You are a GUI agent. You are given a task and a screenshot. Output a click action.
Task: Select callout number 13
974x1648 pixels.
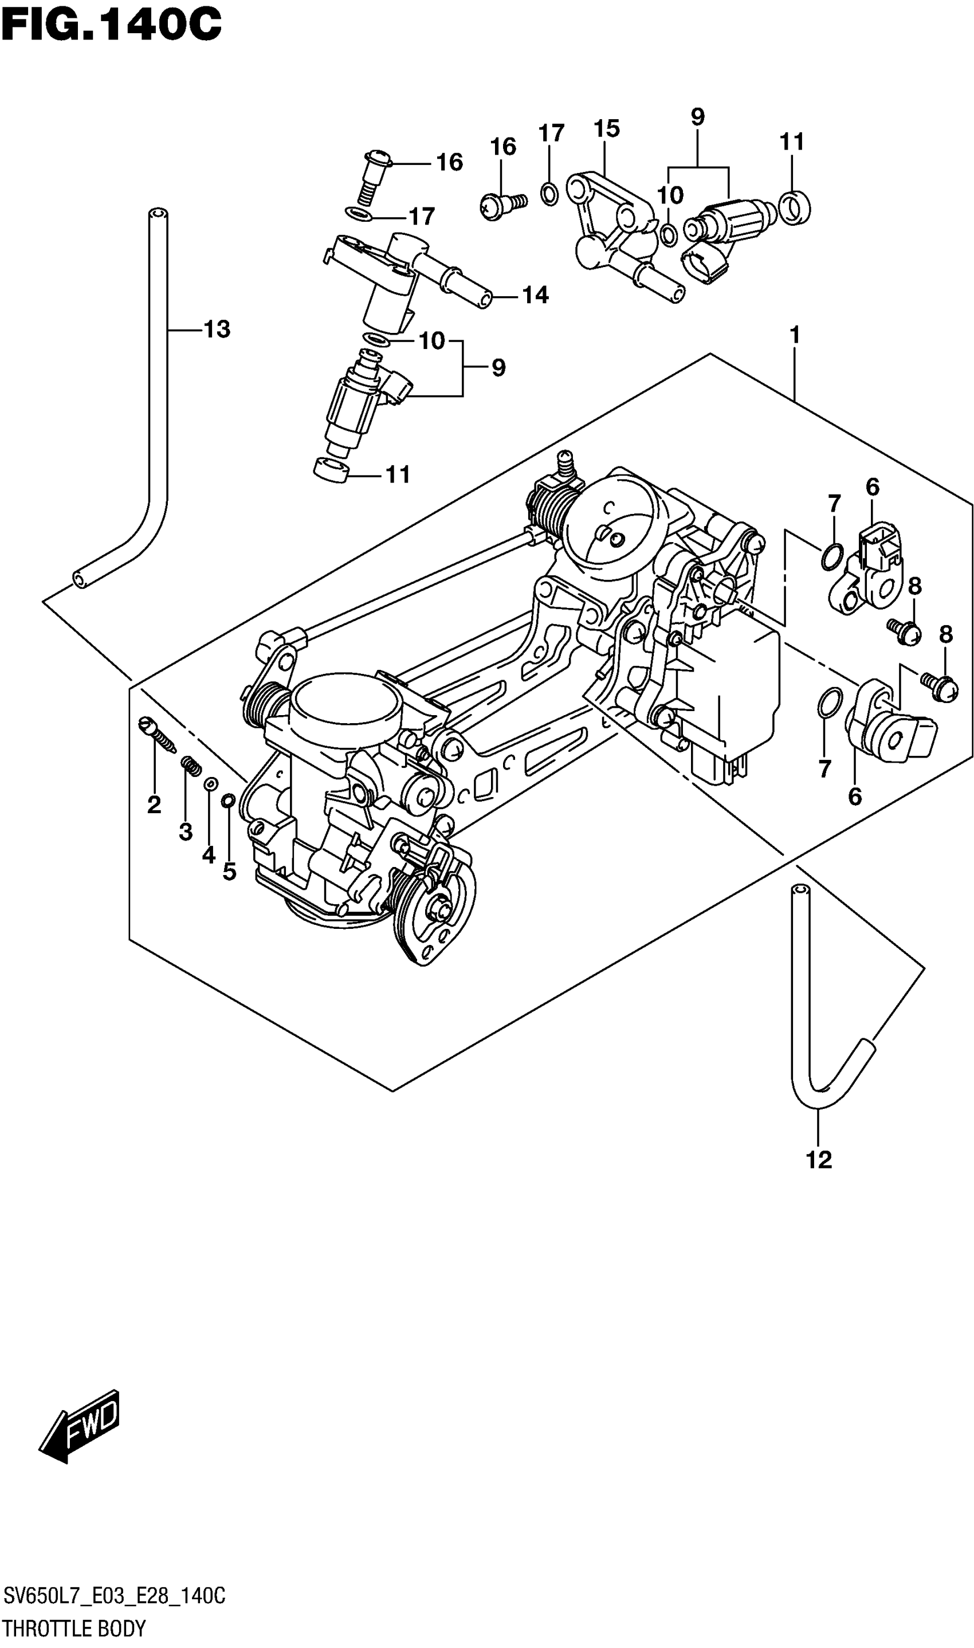pos(217,329)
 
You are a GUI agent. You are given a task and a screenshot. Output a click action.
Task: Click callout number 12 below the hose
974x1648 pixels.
pos(819,1160)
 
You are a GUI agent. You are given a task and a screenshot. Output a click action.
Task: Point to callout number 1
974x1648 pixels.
pos(795,335)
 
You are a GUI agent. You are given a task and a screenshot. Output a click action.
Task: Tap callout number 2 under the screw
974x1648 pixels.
pos(154,805)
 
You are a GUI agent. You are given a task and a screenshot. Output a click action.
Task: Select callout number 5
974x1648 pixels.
pos(229,872)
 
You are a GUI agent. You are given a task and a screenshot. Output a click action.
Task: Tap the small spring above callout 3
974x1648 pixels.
pos(191,765)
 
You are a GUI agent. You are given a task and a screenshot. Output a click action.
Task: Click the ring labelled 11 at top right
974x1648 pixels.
pos(795,207)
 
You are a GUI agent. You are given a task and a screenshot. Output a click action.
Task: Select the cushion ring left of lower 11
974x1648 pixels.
pos(332,470)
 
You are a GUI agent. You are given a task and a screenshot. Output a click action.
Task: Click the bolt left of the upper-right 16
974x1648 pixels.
pos(502,205)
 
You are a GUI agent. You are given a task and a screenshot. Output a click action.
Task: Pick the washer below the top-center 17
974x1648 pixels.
pos(549,194)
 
